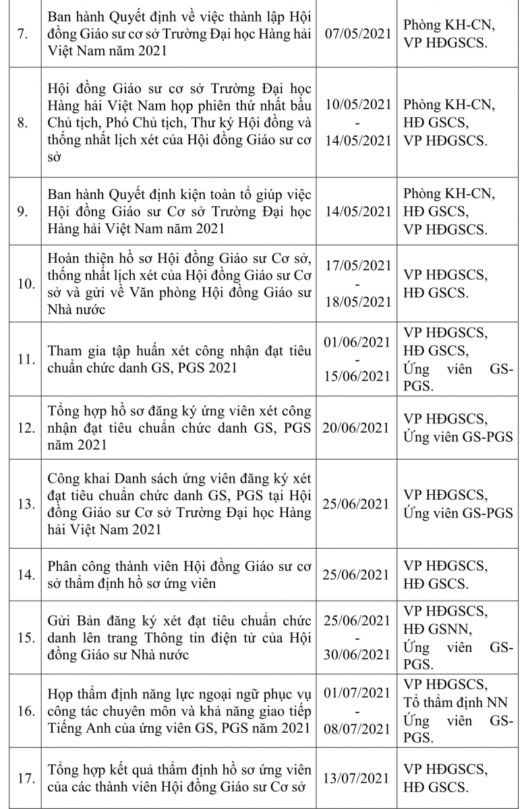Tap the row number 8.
(x=22, y=123)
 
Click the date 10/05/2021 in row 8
(x=357, y=105)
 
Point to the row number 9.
(x=22, y=212)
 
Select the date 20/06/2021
(x=357, y=428)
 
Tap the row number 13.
(x=25, y=504)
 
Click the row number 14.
(x=25, y=575)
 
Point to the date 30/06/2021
(x=357, y=655)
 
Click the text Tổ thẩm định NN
(x=455, y=702)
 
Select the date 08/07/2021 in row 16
(x=357, y=729)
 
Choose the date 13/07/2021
(x=357, y=779)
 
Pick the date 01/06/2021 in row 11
(x=357, y=342)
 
